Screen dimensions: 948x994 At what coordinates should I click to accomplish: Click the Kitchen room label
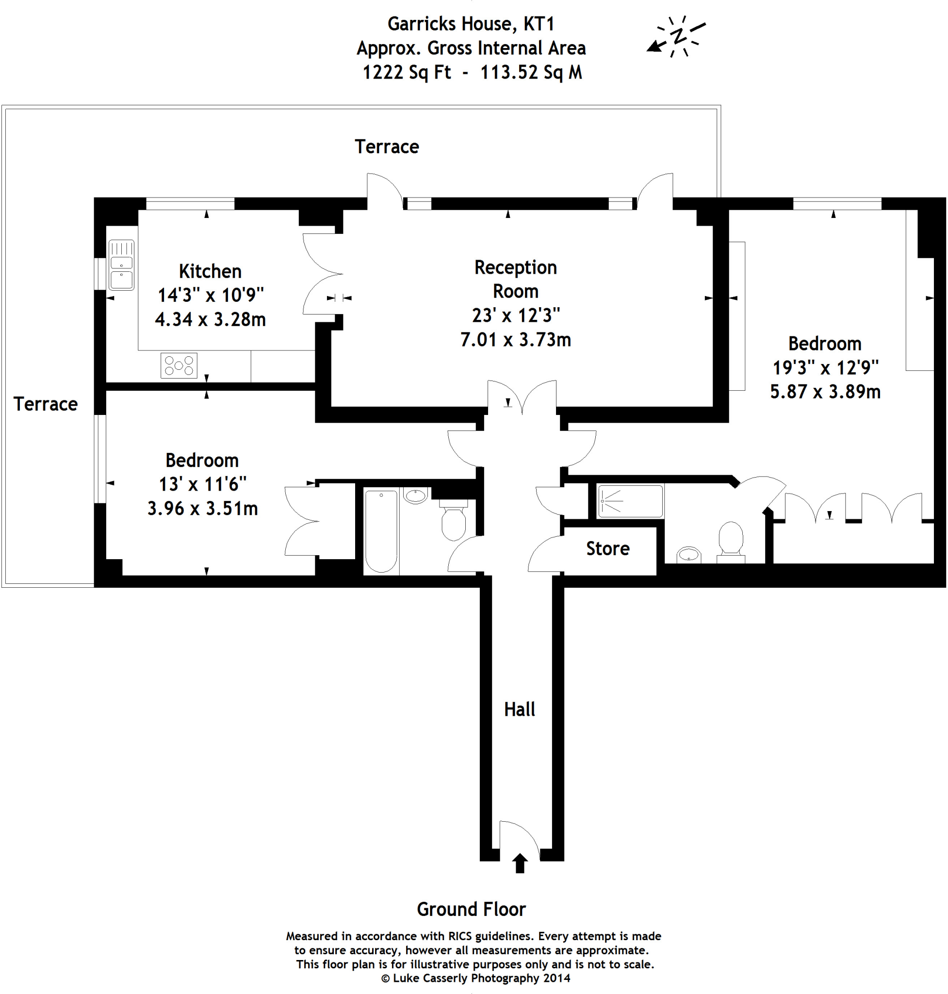coord(210,271)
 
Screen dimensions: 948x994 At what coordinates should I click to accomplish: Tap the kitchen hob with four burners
coord(179,365)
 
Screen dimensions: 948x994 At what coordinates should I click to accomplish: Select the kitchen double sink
coord(121,265)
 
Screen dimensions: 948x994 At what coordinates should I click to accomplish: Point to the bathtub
coord(381,531)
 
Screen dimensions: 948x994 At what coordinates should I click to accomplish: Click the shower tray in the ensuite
coord(630,501)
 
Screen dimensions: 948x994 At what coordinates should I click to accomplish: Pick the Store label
coord(607,548)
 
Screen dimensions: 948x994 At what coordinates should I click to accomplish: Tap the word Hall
coord(519,710)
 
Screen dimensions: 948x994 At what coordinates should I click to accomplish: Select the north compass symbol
coord(677,36)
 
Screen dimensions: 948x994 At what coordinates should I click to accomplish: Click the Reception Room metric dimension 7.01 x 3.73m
coord(515,340)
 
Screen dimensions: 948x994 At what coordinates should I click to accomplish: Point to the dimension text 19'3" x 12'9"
coord(825,367)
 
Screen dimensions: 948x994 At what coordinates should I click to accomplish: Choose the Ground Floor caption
coord(471,909)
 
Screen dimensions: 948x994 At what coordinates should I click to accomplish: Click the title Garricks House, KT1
coord(471,24)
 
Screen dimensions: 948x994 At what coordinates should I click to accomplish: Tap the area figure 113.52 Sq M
coord(531,72)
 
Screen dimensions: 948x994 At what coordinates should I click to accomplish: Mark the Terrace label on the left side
coord(46,404)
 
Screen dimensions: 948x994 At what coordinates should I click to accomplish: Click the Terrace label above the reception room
coord(387,147)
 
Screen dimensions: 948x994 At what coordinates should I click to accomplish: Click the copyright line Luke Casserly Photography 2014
coord(475,978)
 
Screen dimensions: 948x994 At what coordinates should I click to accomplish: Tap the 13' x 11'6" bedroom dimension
coord(203,484)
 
